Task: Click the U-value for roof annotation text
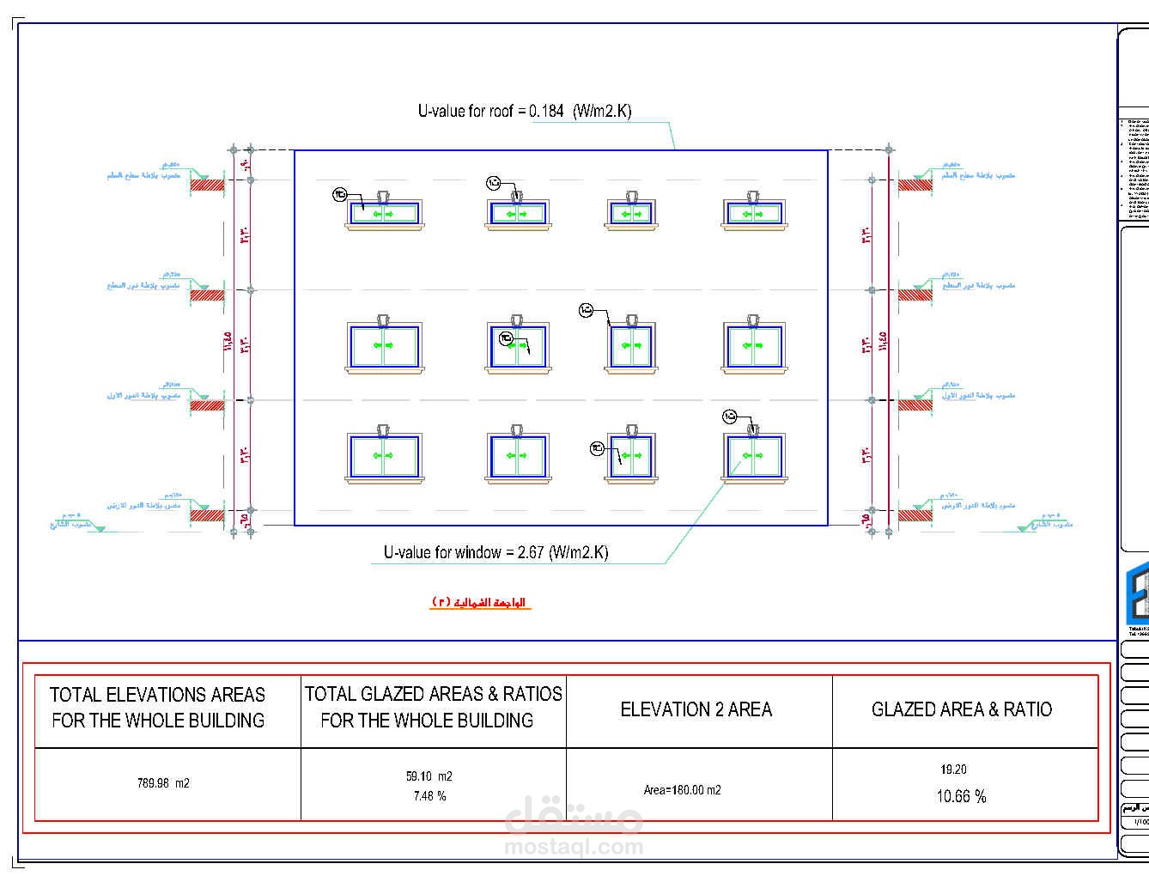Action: (524, 111)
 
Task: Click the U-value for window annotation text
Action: (495, 552)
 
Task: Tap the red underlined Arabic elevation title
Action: (480, 602)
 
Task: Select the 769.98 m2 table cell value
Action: (163, 783)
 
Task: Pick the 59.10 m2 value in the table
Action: (429, 776)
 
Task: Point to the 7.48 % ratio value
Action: (429, 796)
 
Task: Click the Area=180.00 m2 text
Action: (682, 790)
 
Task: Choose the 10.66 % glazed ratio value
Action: (961, 796)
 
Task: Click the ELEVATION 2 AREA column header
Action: (696, 709)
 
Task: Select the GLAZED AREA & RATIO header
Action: (961, 709)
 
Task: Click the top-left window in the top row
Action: (384, 213)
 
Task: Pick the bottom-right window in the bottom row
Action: (753, 456)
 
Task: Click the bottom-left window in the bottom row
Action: (384, 456)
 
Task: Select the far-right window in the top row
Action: (753, 213)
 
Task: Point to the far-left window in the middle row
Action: (384, 346)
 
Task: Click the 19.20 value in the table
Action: (953, 770)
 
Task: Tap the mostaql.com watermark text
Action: (574, 847)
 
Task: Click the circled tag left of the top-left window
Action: (339, 195)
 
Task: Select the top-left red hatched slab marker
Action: (207, 184)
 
